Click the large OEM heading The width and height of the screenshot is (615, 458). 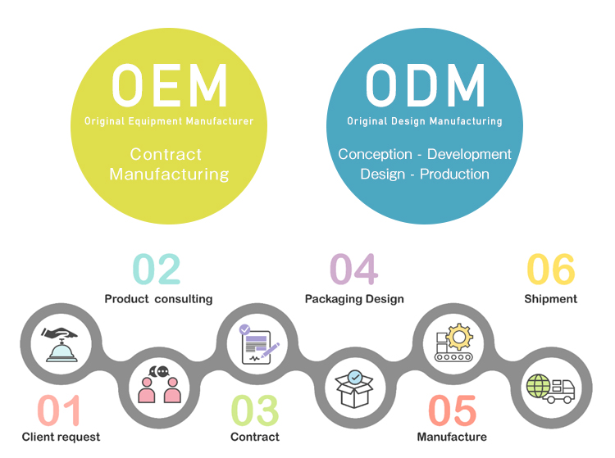click(x=169, y=84)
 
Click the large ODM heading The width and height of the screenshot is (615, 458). click(x=425, y=84)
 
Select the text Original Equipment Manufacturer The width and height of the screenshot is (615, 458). click(x=169, y=121)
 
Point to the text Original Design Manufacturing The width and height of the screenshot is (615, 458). click(x=425, y=121)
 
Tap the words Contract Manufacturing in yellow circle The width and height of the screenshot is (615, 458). click(x=169, y=164)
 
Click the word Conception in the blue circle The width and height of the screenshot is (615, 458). click(x=375, y=154)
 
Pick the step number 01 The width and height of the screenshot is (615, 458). click(x=60, y=410)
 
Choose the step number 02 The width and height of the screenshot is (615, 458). click(x=157, y=270)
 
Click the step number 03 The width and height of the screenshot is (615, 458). click(x=254, y=410)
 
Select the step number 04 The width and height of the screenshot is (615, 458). click(x=353, y=270)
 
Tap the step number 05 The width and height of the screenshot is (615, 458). click(x=452, y=410)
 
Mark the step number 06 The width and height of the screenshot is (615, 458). click(x=550, y=270)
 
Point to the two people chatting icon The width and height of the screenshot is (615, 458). click(x=159, y=383)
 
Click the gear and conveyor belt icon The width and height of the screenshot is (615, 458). click(x=453, y=342)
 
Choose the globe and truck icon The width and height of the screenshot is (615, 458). click(x=549, y=388)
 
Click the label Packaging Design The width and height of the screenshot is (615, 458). click(x=354, y=299)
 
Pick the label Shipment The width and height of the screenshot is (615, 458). click(x=550, y=299)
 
